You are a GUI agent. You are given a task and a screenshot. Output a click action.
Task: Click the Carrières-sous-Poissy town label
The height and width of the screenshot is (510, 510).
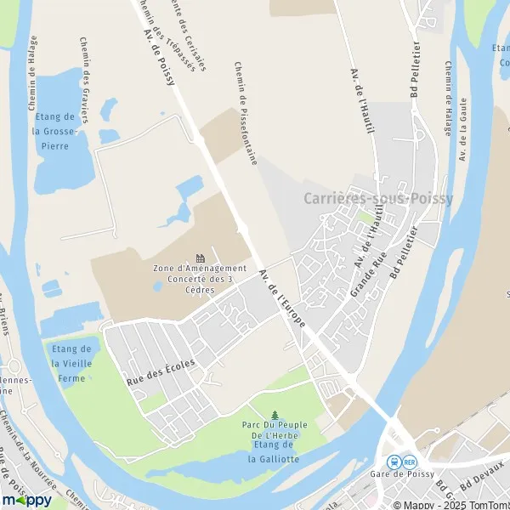pyautogui.click(x=378, y=199)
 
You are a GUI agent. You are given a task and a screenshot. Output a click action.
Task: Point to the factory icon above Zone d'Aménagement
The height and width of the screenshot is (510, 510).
pyautogui.click(x=201, y=258)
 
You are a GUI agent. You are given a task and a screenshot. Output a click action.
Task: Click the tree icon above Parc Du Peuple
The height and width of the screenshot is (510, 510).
pyautogui.click(x=274, y=416)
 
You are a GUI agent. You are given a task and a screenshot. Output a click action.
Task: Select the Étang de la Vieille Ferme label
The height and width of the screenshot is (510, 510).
pyautogui.click(x=71, y=362)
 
